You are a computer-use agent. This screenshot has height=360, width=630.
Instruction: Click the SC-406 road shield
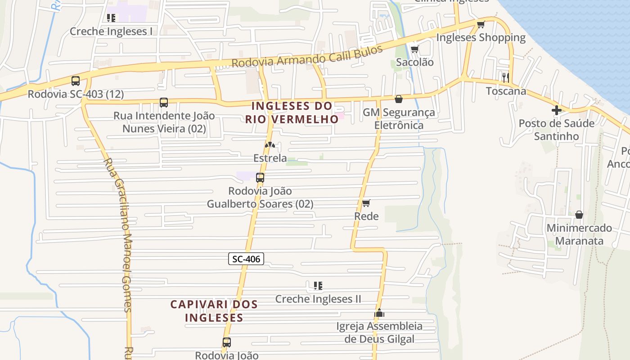(246, 259)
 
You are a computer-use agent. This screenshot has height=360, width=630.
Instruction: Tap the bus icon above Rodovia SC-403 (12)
(76, 81)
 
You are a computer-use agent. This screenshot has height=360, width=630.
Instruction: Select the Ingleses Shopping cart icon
(481, 24)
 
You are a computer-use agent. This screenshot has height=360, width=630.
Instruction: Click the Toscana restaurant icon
(505, 77)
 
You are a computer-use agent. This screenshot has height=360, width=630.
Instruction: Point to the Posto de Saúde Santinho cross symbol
(557, 110)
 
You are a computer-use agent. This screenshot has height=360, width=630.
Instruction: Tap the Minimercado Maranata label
(579, 234)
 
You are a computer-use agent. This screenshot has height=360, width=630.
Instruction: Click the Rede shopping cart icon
(366, 203)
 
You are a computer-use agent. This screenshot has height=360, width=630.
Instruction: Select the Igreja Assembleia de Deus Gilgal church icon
(379, 313)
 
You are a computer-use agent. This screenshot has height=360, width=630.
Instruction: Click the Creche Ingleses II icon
(318, 285)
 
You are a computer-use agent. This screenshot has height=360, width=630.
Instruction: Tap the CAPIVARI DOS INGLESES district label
(214, 311)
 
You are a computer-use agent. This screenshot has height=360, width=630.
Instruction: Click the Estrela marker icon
(270, 145)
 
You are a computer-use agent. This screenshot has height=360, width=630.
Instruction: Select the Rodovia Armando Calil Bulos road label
(307, 56)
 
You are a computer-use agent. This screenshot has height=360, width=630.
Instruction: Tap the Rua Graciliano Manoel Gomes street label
(118, 234)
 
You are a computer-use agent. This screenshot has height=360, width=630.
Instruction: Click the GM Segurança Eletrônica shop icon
(399, 99)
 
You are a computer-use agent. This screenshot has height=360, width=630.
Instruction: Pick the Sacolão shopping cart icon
(414, 49)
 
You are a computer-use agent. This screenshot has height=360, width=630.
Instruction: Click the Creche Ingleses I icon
(111, 18)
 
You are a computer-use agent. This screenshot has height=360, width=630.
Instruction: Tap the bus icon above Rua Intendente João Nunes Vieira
(164, 103)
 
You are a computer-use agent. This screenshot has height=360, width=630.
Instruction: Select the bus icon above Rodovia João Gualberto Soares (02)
(260, 178)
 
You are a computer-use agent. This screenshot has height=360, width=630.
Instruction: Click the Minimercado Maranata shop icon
(579, 215)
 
